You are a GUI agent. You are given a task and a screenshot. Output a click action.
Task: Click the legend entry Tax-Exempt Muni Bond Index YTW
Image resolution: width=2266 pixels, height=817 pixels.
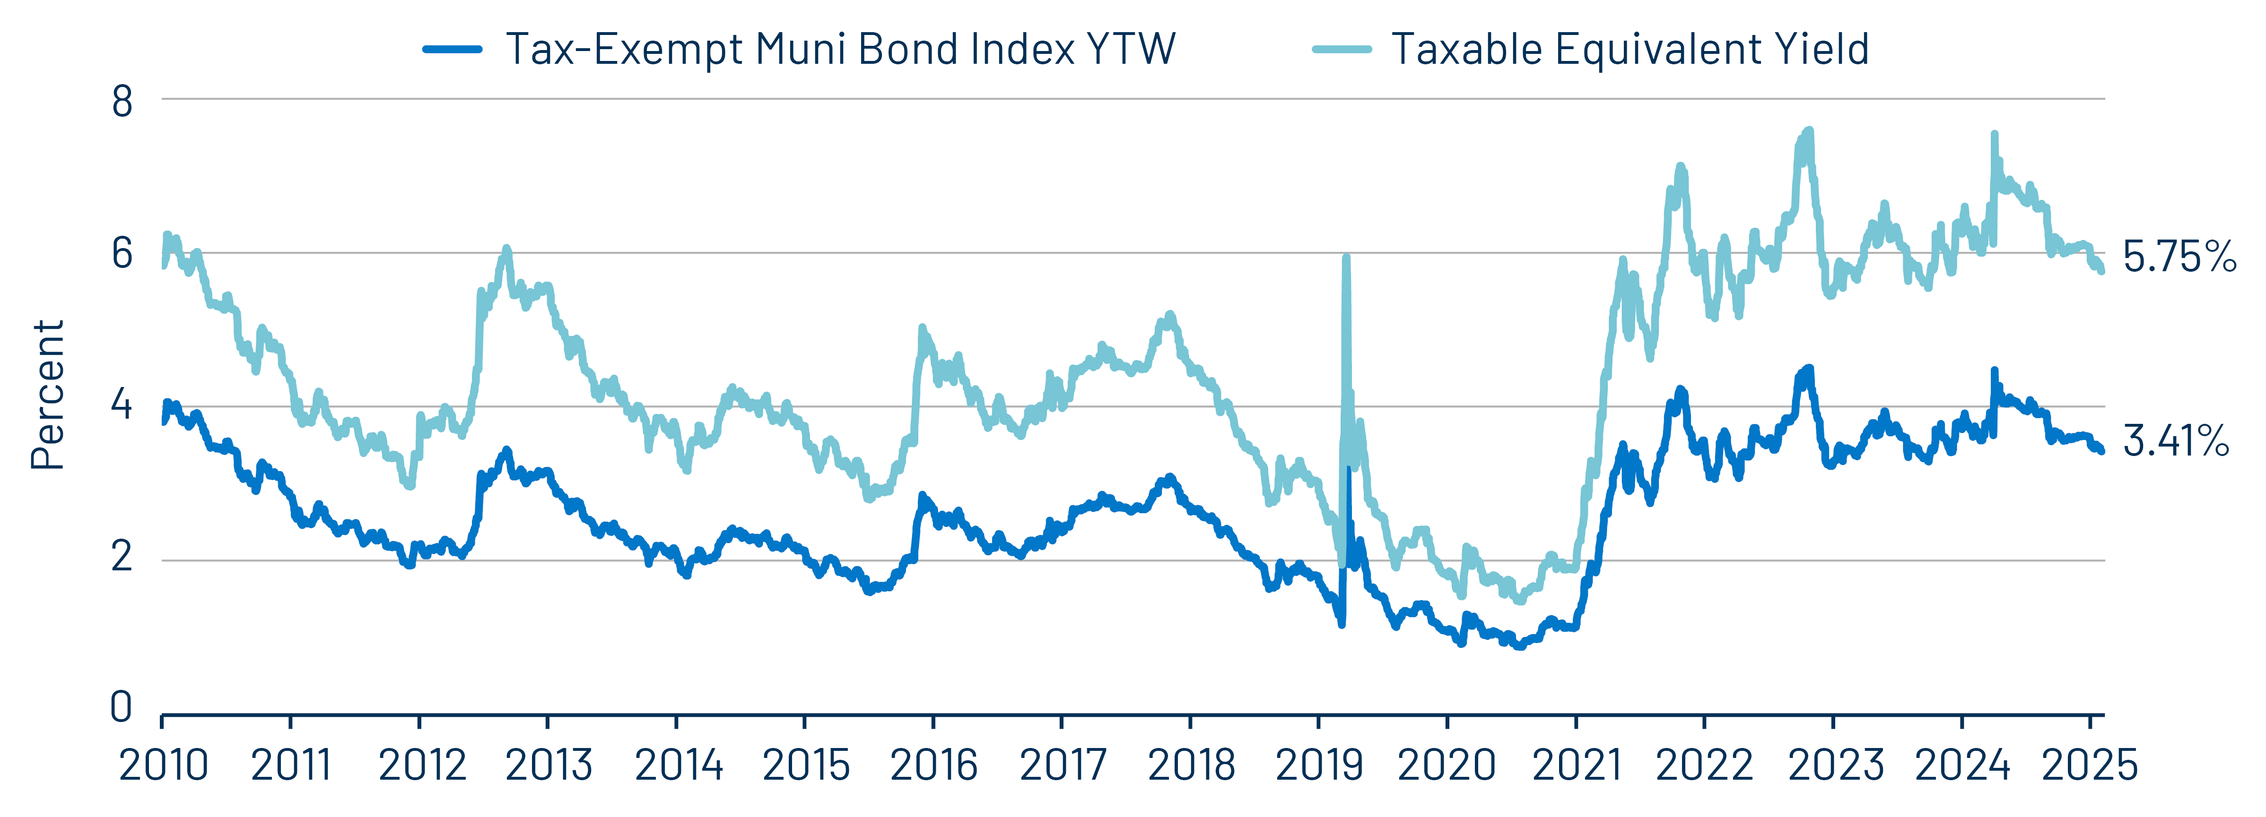coord(840,49)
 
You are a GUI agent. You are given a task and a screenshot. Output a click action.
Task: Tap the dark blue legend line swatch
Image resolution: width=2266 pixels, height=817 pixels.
coord(452,49)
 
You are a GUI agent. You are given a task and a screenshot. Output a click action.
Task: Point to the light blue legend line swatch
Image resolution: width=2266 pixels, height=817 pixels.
coord(1342,49)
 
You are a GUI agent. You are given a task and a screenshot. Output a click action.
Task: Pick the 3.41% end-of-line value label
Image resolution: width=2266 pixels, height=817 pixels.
coord(2175,440)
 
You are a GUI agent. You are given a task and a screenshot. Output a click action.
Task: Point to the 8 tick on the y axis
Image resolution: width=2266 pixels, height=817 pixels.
coord(122,102)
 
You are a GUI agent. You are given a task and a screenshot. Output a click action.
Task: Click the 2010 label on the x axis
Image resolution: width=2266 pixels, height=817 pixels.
coord(164,765)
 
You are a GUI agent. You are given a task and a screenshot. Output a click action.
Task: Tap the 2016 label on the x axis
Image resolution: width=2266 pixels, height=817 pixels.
coord(933,765)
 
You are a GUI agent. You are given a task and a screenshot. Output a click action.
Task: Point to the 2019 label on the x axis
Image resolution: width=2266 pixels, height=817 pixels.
coord(1319,765)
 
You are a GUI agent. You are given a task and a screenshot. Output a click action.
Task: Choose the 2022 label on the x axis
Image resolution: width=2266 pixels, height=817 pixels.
coord(1704,765)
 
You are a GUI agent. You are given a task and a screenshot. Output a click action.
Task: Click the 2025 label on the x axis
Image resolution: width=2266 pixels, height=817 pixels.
coord(2089,765)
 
